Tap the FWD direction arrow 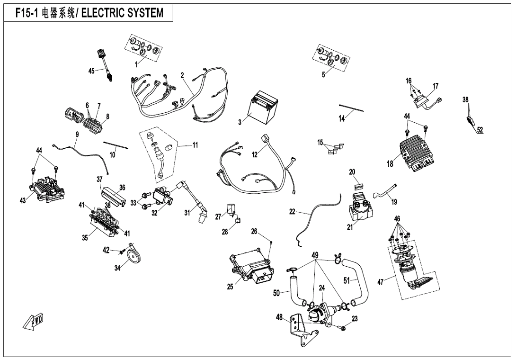tap(33, 322)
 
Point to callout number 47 tap(380, 282)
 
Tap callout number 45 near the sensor tap(91, 71)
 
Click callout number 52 tap(480, 130)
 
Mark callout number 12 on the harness tap(255, 154)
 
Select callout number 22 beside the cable tap(292, 212)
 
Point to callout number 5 tap(323, 74)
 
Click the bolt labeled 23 tap(343, 327)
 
